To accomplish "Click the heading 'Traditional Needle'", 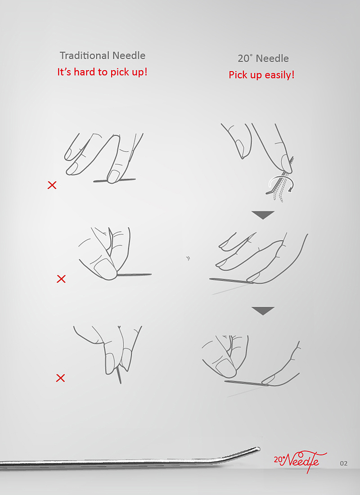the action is click(103, 55).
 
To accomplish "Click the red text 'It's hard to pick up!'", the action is click(102, 72).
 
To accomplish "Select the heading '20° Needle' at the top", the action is click(263, 58).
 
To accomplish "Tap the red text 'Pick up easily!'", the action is click(261, 75).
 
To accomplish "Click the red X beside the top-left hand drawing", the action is click(52, 185).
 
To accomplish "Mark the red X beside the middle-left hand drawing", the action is click(61, 279).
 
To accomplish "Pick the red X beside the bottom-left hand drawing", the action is click(60, 378).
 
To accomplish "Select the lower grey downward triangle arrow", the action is click(263, 310).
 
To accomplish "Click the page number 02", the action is click(344, 463).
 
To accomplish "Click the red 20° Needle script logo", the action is click(300, 462).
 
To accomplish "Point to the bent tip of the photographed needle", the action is click(258, 448).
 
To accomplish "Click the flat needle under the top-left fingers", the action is click(114, 180).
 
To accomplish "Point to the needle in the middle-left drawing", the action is click(134, 274).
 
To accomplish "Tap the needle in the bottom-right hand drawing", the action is click(246, 383).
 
